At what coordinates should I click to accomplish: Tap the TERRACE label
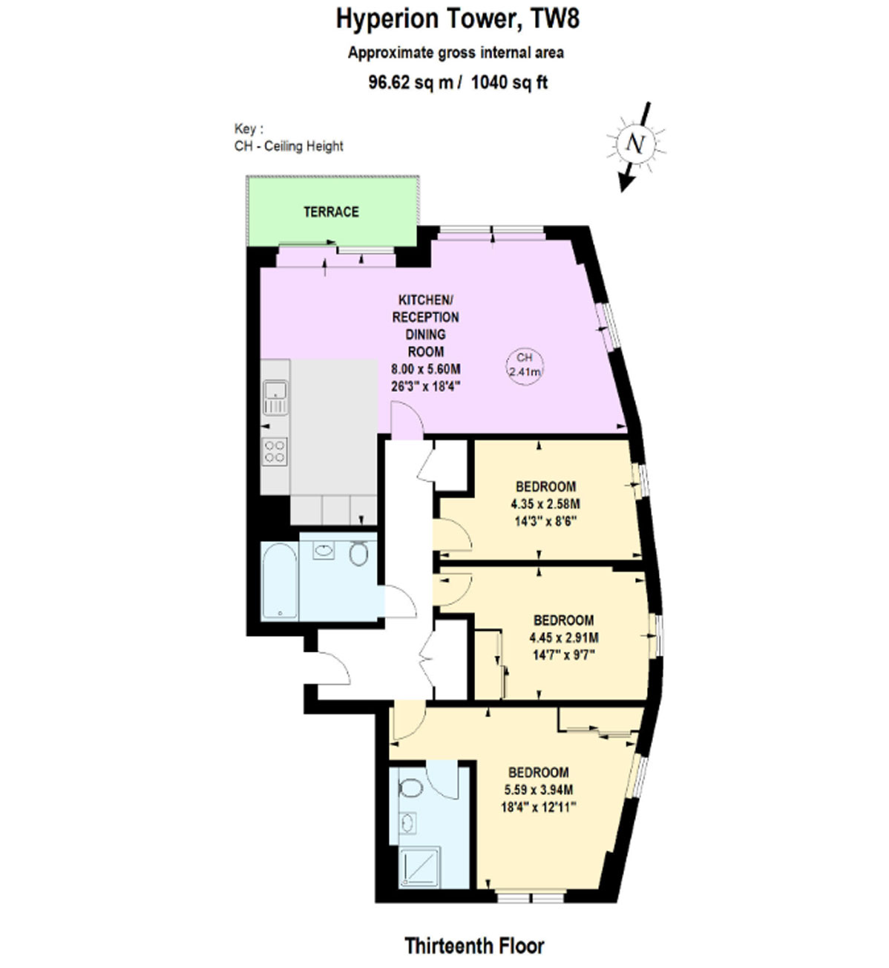click(x=331, y=212)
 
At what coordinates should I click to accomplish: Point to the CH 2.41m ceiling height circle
click(x=525, y=367)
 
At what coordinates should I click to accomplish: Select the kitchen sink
click(x=275, y=397)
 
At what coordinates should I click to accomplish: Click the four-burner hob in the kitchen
click(x=275, y=451)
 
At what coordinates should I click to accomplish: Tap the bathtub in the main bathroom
click(x=279, y=581)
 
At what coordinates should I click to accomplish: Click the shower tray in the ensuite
click(x=419, y=866)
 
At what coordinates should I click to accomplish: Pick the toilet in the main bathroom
click(x=358, y=554)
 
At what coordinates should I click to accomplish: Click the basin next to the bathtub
click(x=324, y=549)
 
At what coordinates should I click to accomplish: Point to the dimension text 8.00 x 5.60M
click(x=425, y=369)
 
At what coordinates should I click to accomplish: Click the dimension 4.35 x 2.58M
click(x=545, y=504)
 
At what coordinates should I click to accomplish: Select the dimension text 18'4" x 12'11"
click(x=539, y=807)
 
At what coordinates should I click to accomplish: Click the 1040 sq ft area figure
click(x=509, y=82)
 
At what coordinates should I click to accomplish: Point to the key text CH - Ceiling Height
click(x=289, y=146)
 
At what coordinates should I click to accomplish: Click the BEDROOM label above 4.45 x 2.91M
click(x=563, y=620)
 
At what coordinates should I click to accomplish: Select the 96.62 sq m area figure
click(x=411, y=82)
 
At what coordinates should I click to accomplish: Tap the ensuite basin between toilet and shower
click(x=408, y=823)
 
